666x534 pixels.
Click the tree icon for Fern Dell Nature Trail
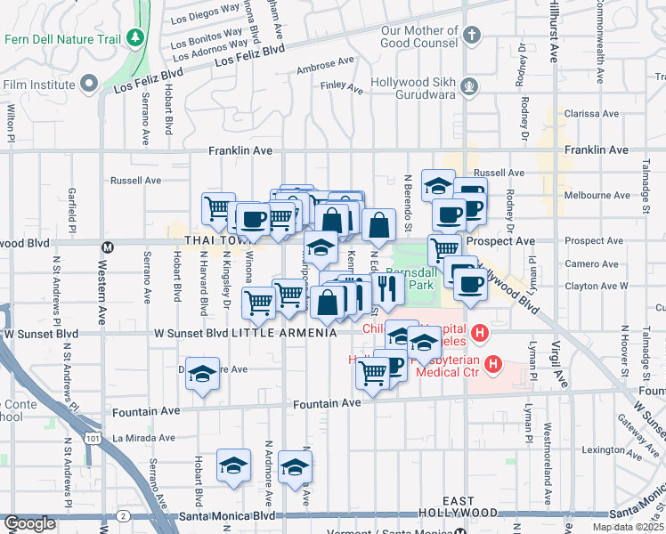point(135,38)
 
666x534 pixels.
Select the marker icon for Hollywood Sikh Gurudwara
point(469,86)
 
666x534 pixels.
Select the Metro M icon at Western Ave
point(108,247)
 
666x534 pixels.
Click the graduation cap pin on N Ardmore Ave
point(296,467)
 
